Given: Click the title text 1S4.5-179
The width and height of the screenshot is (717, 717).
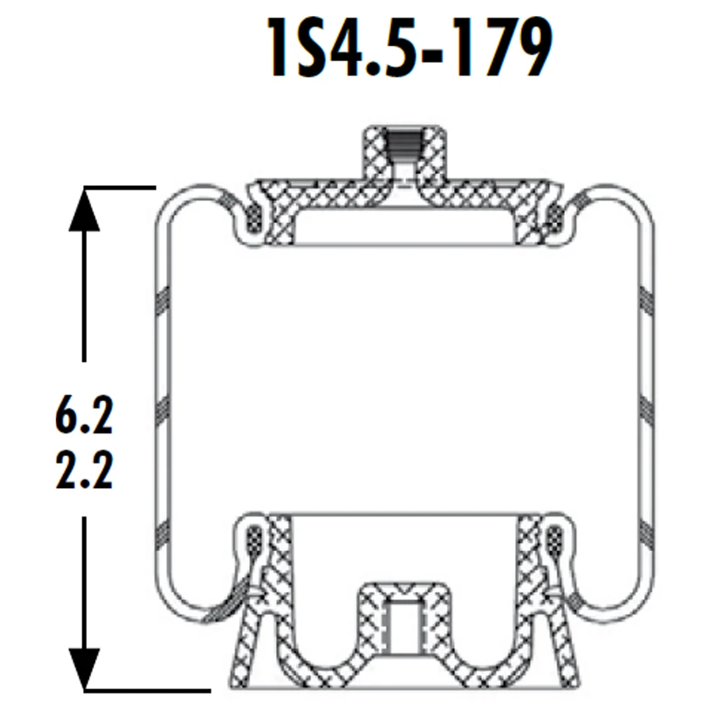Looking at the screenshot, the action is [x=410, y=48].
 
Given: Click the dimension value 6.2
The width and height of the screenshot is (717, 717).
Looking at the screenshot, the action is [x=84, y=416].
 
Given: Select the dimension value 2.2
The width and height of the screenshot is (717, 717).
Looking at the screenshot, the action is [x=84, y=471].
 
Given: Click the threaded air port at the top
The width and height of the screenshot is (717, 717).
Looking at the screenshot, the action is [x=403, y=145].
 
